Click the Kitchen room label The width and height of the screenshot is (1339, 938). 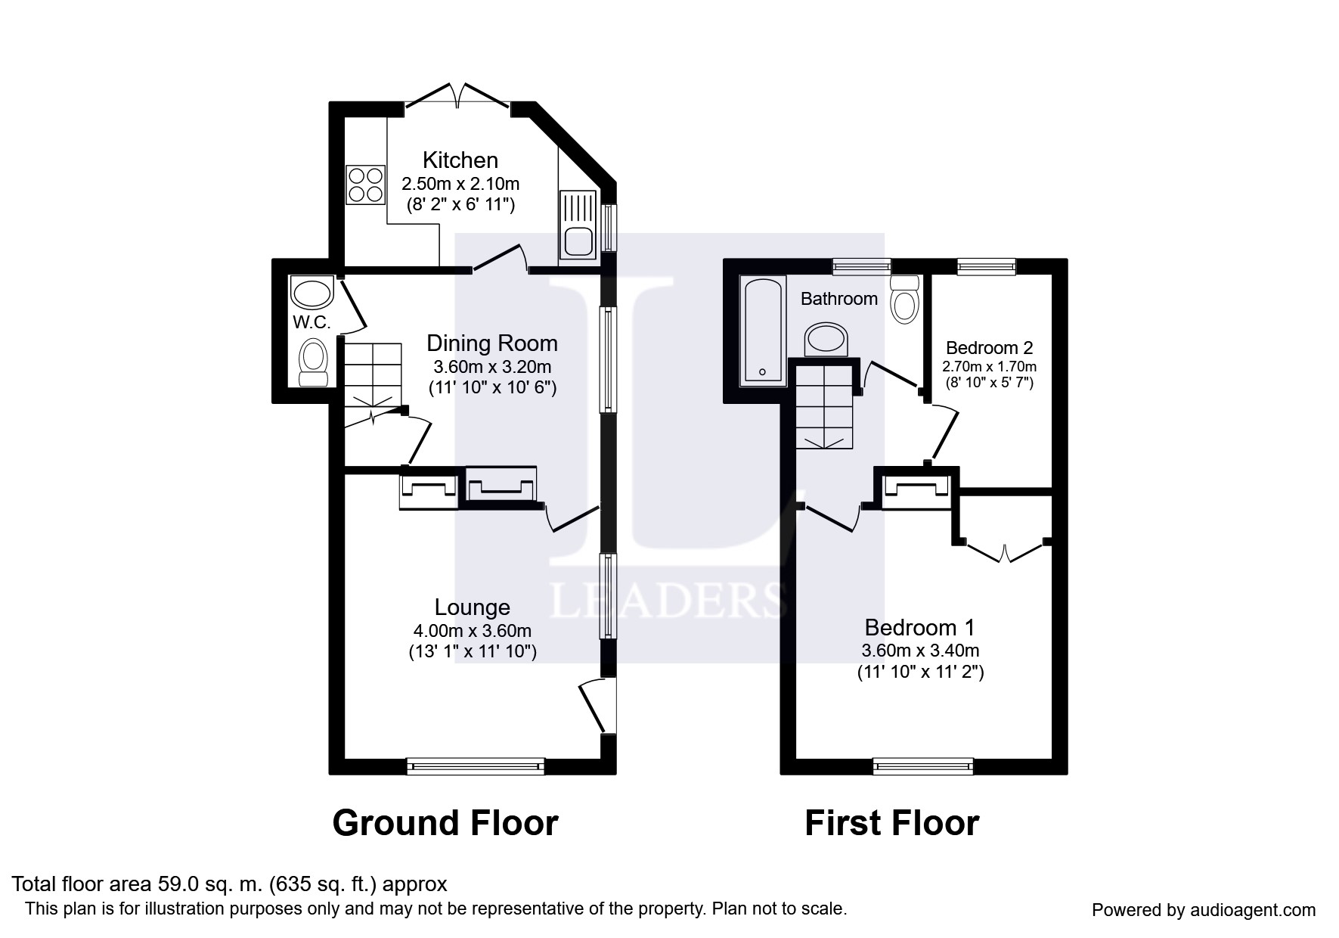pos(460,160)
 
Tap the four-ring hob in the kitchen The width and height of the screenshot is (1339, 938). pos(365,185)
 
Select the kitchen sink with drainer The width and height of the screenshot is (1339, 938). pos(579,225)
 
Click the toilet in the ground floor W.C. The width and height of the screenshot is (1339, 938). pos(312,362)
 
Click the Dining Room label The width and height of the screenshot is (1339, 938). pos(492,343)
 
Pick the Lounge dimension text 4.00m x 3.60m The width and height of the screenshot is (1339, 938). pos(472,631)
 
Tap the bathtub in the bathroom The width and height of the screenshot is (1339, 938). pos(763,330)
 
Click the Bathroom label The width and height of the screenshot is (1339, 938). pos(839,299)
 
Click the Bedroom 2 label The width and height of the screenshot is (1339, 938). pos(989,348)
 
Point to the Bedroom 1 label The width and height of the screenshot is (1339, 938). pos(919,628)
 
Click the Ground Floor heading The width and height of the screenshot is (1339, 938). pos(445,823)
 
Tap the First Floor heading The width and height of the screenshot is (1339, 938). pos(891,823)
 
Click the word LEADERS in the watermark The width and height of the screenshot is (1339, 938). pos(667,601)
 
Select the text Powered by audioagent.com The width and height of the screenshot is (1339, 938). pos(1204,910)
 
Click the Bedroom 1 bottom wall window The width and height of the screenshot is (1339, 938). pos(923,767)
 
